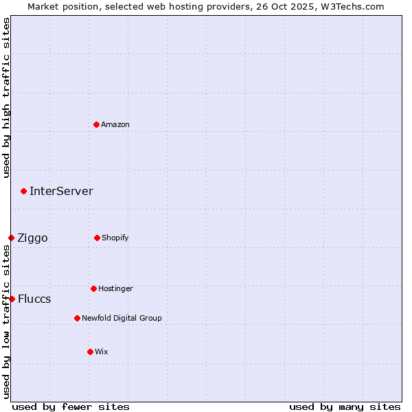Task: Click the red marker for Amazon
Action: click(96, 124)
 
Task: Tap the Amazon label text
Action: click(115, 125)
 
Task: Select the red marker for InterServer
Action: click(23, 191)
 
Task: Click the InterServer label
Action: click(61, 192)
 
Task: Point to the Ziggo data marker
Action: click(11, 238)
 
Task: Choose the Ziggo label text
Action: click(32, 238)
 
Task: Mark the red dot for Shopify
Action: click(97, 238)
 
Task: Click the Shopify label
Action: click(115, 238)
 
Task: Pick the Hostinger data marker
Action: click(93, 288)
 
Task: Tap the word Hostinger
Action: click(115, 289)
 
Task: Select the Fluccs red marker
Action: click(12, 299)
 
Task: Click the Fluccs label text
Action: click(34, 299)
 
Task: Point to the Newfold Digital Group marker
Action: click(77, 318)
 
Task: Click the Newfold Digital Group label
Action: click(122, 319)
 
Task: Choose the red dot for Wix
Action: click(90, 352)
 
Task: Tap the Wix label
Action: click(102, 352)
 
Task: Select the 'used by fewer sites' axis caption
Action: click(71, 407)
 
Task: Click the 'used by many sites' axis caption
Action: click(345, 407)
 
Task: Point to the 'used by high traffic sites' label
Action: click(6, 98)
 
